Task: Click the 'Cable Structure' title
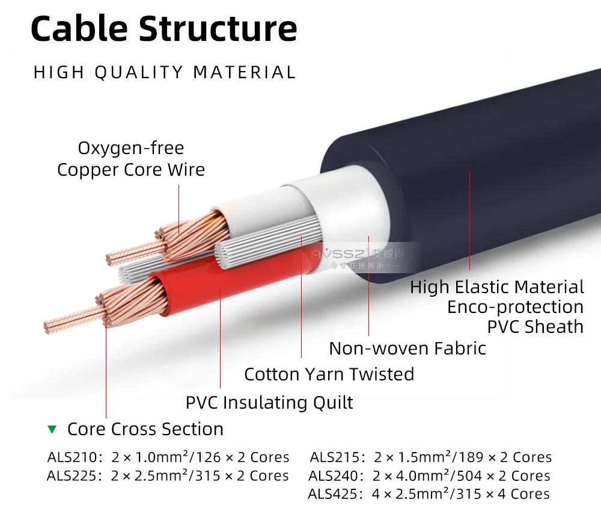(x=163, y=28)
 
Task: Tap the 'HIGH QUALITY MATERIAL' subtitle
(x=165, y=73)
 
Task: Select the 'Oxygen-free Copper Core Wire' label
(x=131, y=159)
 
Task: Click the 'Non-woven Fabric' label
(x=407, y=348)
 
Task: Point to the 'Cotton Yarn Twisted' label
(x=329, y=374)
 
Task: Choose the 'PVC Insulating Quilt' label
(x=269, y=402)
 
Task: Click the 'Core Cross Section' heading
(x=145, y=429)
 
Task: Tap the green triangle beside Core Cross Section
(x=52, y=430)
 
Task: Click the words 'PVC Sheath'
(x=535, y=327)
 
